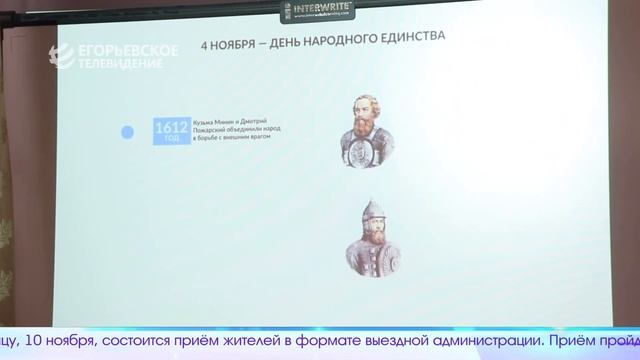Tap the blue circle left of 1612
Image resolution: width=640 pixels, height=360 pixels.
[128, 132]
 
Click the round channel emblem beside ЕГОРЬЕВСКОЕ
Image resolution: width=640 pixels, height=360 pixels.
[67, 57]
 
